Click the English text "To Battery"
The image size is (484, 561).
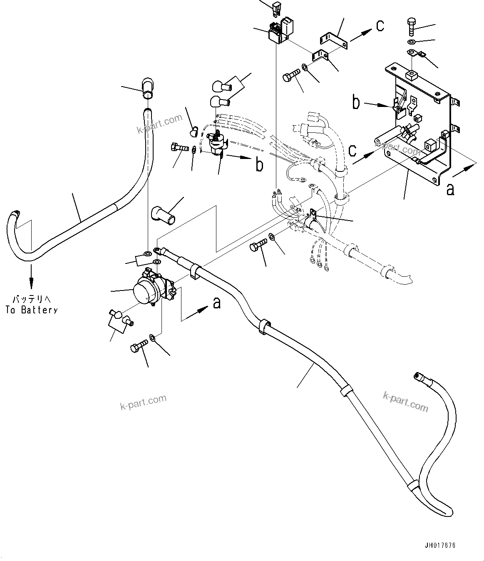[x=32, y=310]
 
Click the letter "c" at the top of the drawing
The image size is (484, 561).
[x=380, y=25]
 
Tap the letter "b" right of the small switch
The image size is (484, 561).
[x=259, y=165]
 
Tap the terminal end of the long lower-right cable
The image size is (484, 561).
[x=419, y=377]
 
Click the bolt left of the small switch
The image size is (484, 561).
[x=179, y=147]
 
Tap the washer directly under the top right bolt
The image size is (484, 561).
[x=411, y=42]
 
